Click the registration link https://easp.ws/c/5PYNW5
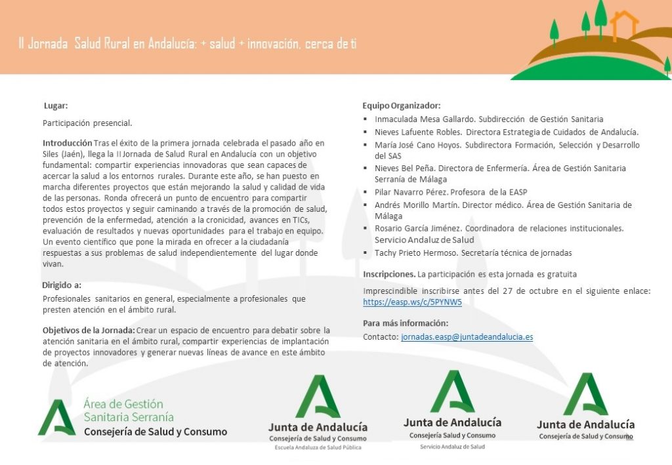point(412,302)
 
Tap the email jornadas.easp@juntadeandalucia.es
point(467,336)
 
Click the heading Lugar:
point(56,106)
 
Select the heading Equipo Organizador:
point(401,106)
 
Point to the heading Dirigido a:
point(62,285)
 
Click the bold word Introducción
point(67,142)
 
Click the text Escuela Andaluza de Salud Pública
point(318,447)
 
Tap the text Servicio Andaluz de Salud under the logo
point(452,447)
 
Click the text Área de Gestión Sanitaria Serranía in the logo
point(128,411)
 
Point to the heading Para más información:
point(406,323)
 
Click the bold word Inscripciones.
point(389,274)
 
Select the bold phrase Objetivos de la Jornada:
point(89,330)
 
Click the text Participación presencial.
point(87,123)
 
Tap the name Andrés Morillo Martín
point(416,205)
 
